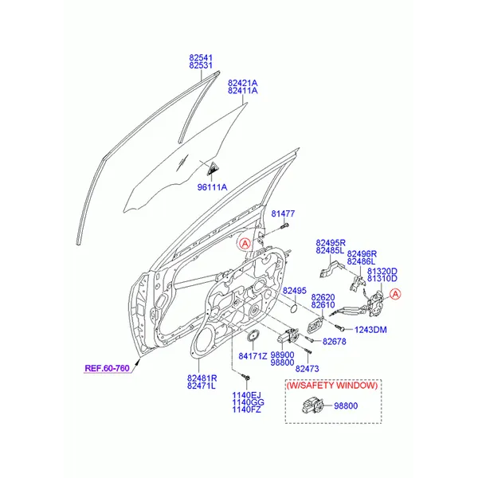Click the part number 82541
point(201,57)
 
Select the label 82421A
point(243,83)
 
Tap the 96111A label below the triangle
point(212,187)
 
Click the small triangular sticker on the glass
point(213,170)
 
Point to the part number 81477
point(283,214)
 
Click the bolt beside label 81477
point(284,226)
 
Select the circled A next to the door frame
point(245,244)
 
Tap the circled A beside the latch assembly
point(395,294)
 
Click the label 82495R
point(331,243)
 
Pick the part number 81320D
point(382,271)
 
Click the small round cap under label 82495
point(294,308)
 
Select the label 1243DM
point(370,330)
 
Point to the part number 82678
point(334,342)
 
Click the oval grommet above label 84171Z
point(253,335)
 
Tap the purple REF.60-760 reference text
point(108,368)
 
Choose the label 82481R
point(202,378)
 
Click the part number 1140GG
point(248,402)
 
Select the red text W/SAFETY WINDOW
point(332,386)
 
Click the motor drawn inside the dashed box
point(311,406)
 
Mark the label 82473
point(307,369)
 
